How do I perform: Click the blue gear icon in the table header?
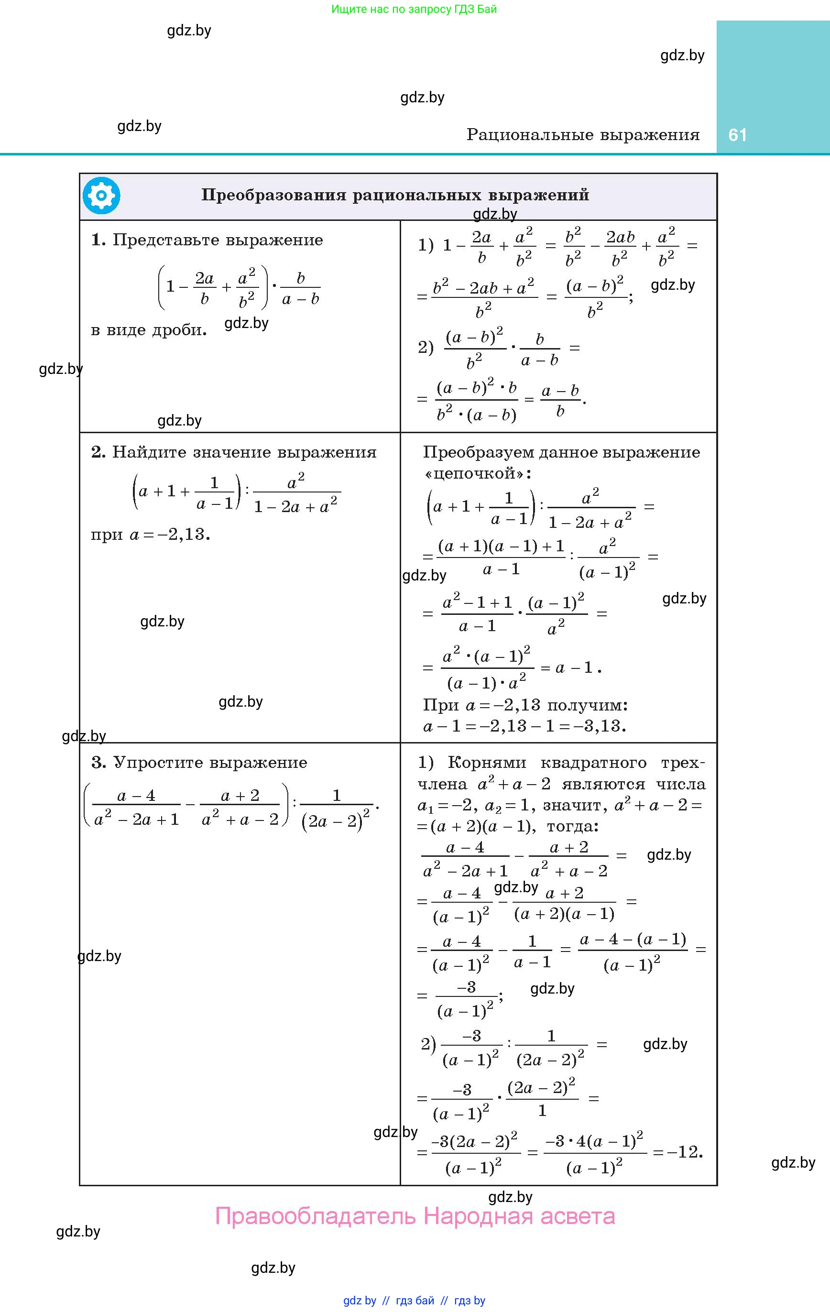(101, 196)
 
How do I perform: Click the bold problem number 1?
(98, 240)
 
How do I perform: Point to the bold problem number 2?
(98, 452)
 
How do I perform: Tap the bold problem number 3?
(98, 762)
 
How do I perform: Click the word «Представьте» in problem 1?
(166, 240)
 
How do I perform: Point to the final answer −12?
(685, 1152)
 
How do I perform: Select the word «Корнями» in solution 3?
(487, 762)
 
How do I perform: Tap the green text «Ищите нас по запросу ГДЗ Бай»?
(414, 9)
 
